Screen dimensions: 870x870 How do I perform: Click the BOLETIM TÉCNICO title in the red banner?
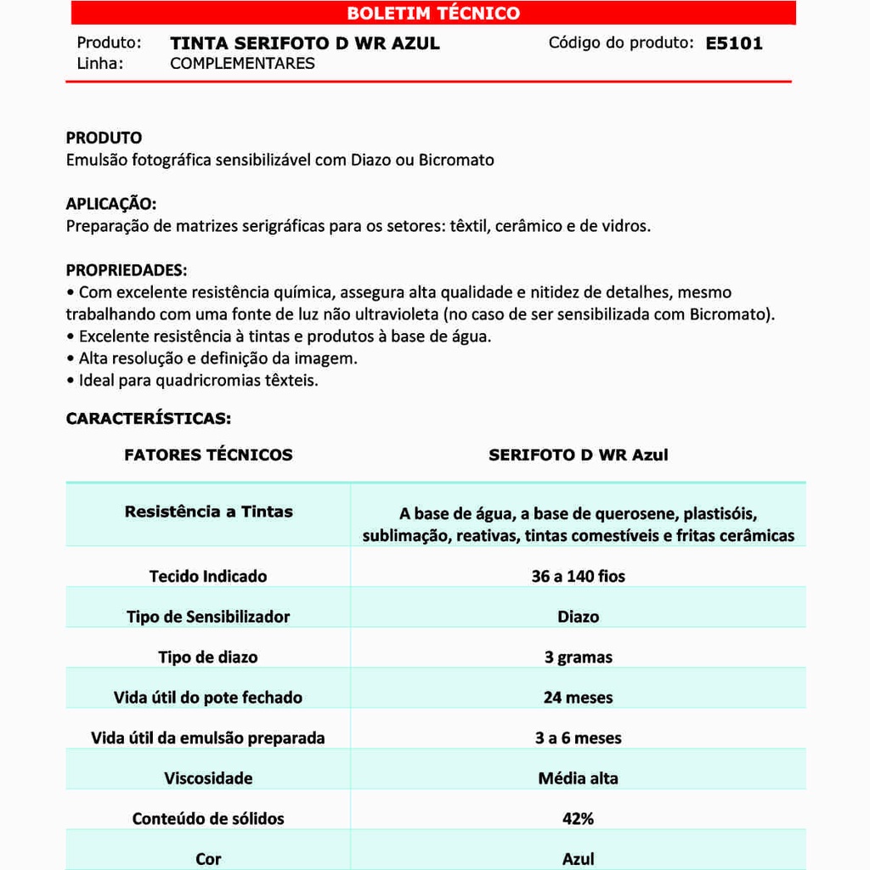(433, 14)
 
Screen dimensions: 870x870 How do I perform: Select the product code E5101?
(734, 43)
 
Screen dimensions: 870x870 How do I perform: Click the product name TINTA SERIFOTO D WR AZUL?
(305, 43)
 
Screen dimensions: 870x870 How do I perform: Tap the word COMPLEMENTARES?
(242, 64)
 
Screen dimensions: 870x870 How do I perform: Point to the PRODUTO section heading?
(104, 138)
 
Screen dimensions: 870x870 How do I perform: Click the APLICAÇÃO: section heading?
(111, 204)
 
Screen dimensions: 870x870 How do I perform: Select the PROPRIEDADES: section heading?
(127, 270)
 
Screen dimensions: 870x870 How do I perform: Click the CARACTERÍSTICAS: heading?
(149, 419)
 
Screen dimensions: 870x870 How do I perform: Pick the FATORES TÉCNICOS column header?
(208, 455)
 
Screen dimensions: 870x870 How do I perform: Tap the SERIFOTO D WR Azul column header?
(578, 455)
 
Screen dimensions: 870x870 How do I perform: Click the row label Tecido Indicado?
(208, 576)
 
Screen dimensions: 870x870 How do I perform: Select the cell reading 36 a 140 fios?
(578, 576)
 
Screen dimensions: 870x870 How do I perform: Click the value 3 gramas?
(578, 658)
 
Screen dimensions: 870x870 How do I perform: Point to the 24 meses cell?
(578, 698)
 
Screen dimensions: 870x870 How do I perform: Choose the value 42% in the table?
(578, 819)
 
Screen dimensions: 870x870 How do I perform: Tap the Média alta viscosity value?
(578, 778)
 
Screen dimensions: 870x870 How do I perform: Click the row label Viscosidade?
(208, 778)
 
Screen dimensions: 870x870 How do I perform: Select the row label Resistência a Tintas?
(208, 511)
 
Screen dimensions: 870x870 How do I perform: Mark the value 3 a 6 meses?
(578, 738)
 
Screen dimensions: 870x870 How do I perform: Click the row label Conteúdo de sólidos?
(208, 819)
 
